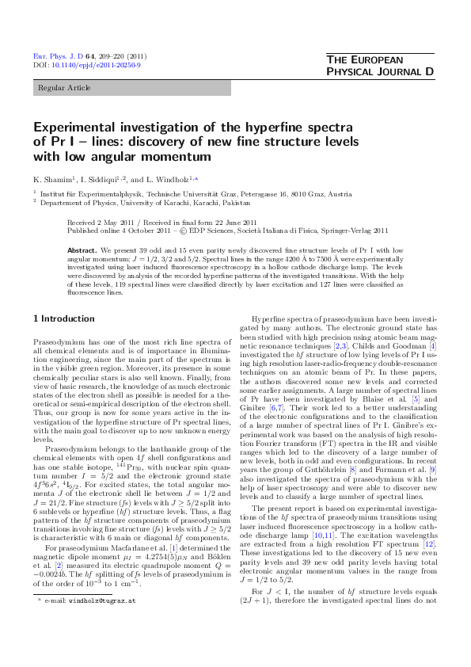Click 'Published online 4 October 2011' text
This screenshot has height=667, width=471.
click(122, 231)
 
